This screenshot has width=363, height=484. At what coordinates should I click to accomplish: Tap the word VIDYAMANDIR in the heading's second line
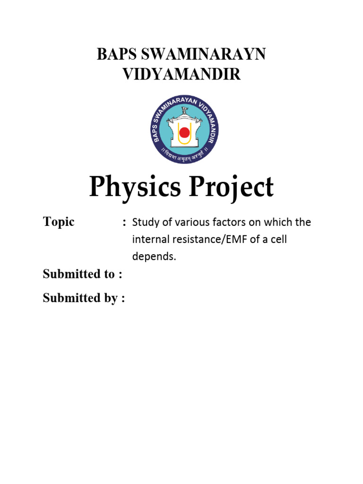tap(181, 75)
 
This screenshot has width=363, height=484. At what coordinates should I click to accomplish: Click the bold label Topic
tap(59, 222)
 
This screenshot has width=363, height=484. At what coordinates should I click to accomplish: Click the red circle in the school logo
tap(184, 133)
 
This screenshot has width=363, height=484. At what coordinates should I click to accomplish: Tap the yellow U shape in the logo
tap(184, 139)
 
